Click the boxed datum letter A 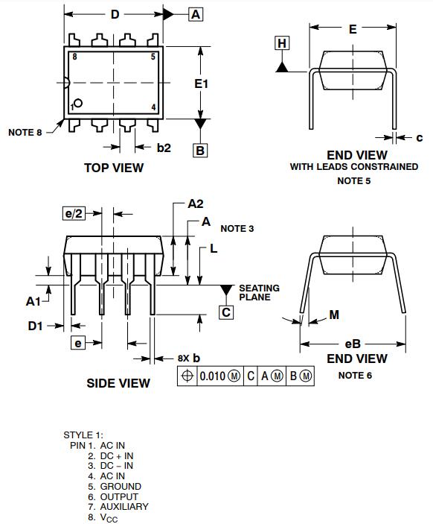pyautogui.click(x=196, y=14)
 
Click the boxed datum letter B pyautogui.click(x=200, y=150)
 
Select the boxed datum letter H pyautogui.click(x=282, y=43)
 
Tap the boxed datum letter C pyautogui.click(x=226, y=312)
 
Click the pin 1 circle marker pyautogui.click(x=78, y=103)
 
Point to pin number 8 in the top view pyautogui.click(x=74, y=57)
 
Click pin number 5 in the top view pyautogui.click(x=153, y=57)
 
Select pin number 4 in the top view pyautogui.click(x=153, y=107)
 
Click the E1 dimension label pyautogui.click(x=201, y=83)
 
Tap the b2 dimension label pyautogui.click(x=164, y=148)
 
